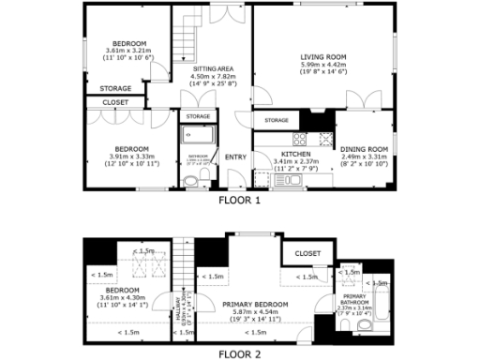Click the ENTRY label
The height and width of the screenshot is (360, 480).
pos(234,156)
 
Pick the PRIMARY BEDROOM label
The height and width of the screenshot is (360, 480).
pos(254,305)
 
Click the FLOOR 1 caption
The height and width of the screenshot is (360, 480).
pos(240,200)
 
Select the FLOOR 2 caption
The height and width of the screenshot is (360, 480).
pos(240,354)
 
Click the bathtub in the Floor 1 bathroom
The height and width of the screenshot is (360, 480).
pos(198,139)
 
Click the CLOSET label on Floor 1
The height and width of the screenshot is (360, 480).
pos(115,101)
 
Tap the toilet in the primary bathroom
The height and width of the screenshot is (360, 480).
pos(347,325)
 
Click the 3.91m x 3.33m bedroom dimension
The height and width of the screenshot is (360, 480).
pos(131,157)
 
